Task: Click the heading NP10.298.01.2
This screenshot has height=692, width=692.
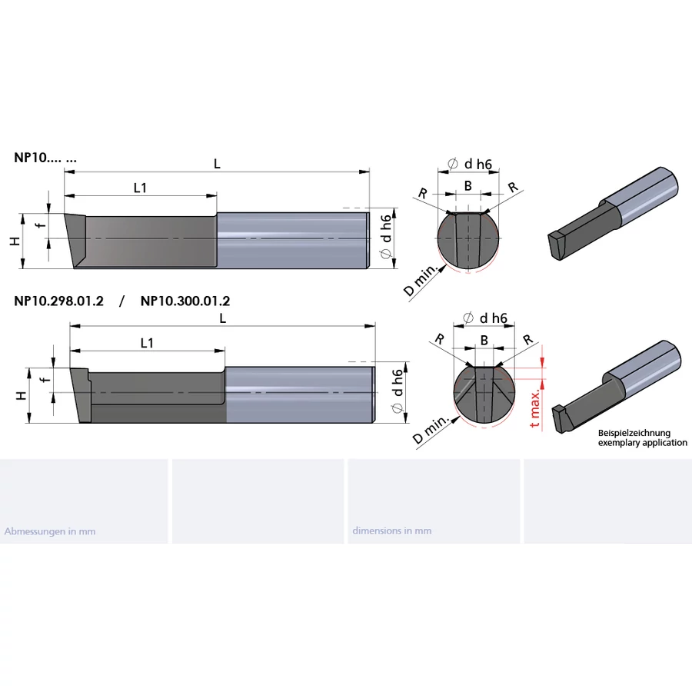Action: pyautogui.click(x=58, y=301)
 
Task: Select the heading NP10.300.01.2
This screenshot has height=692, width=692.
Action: pyautogui.click(x=185, y=301)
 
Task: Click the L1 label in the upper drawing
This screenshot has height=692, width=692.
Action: pyautogui.click(x=140, y=188)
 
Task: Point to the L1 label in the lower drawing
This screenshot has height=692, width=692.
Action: pyautogui.click(x=147, y=343)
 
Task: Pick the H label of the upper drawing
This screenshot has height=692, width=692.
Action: pyautogui.click(x=15, y=241)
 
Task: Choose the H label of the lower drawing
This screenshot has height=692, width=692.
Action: pyautogui.click(x=22, y=395)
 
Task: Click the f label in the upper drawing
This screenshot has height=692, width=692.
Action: pyautogui.click(x=41, y=225)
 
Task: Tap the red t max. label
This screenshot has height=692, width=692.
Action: pyautogui.click(x=535, y=409)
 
